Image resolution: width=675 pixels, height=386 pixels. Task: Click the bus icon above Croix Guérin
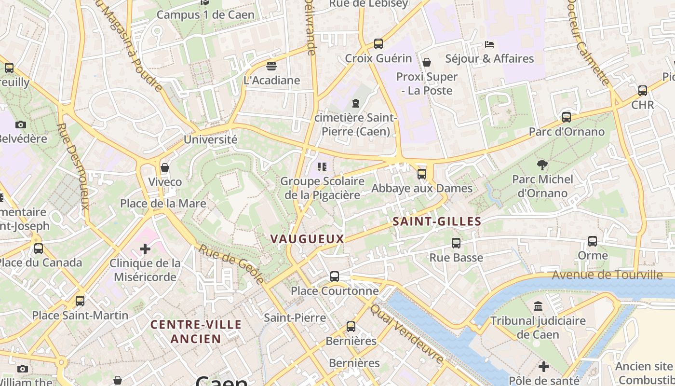click(x=378, y=44)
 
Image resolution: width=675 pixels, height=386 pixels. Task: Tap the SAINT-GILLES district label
click(x=437, y=221)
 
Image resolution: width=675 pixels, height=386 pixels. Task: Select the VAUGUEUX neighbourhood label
click(x=307, y=239)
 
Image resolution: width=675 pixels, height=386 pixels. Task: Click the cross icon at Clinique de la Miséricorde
click(x=145, y=249)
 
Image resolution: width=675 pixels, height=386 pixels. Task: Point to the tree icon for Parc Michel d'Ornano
click(x=542, y=165)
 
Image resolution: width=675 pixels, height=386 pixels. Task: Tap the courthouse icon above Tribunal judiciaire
click(x=538, y=306)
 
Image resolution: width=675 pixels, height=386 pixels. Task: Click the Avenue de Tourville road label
click(x=607, y=275)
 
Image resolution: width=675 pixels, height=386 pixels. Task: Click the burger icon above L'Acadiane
click(x=271, y=66)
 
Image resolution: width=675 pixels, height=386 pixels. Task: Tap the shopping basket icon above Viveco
click(x=165, y=167)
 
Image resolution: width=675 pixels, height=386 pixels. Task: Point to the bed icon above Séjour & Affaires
click(x=489, y=44)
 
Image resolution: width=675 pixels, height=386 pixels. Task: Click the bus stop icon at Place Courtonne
click(x=335, y=276)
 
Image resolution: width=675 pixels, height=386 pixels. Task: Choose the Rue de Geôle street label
click(x=231, y=264)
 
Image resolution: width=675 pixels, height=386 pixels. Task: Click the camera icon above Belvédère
click(x=21, y=124)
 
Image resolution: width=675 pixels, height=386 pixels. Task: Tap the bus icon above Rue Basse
click(x=456, y=243)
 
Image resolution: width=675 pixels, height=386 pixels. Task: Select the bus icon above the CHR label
click(x=643, y=91)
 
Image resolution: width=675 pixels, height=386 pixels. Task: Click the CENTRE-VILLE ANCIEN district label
click(x=196, y=331)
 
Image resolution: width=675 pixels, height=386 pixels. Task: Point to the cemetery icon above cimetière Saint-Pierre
click(x=356, y=103)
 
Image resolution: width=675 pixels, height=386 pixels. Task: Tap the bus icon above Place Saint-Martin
click(x=80, y=301)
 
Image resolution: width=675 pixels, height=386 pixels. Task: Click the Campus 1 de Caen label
click(x=205, y=14)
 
